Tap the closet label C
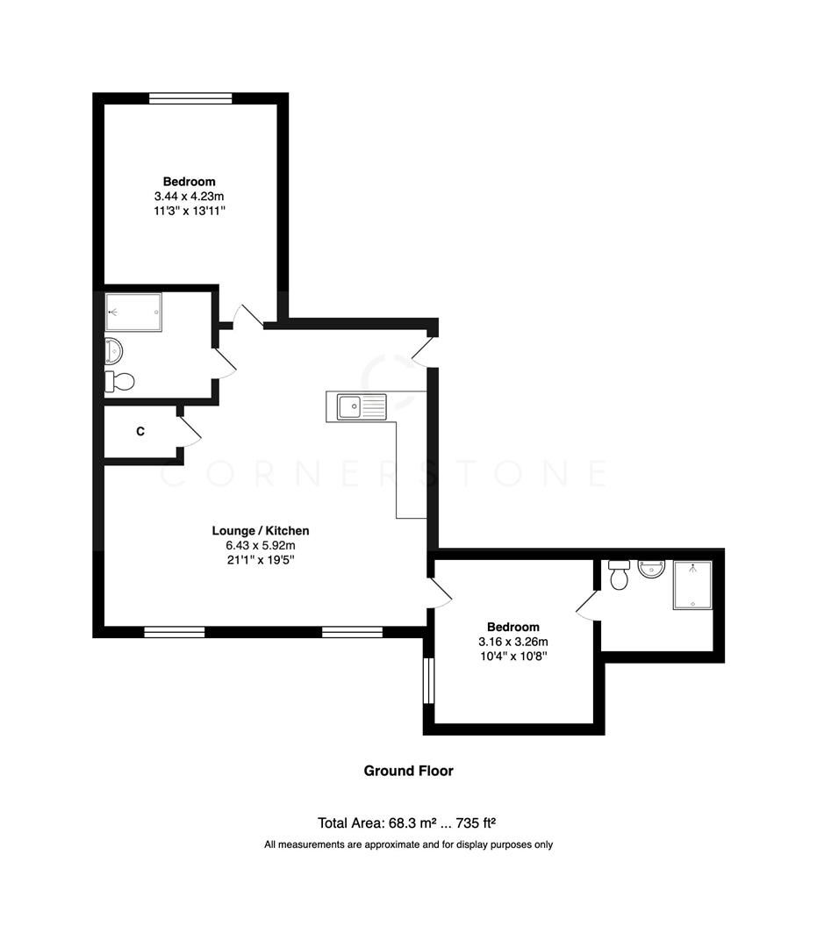(x=140, y=431)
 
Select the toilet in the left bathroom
(x=120, y=382)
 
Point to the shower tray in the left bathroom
(x=133, y=311)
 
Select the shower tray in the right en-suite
(x=693, y=585)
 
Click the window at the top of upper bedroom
(x=190, y=98)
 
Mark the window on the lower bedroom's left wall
(x=428, y=680)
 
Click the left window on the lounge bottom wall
(x=175, y=631)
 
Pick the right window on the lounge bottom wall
(x=352, y=631)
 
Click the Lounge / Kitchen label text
(x=261, y=530)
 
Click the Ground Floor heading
(x=408, y=771)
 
